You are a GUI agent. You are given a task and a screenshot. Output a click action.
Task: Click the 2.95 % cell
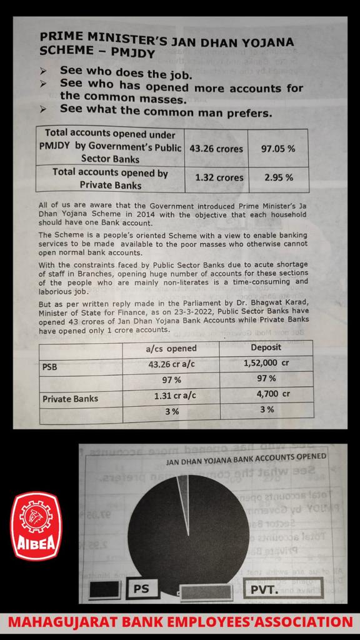tap(279, 177)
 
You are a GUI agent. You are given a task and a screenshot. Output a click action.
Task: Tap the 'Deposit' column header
tap(266, 347)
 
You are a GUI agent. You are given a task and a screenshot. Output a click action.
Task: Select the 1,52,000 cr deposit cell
tap(266, 363)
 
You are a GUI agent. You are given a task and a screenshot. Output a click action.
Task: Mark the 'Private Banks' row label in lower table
tap(71, 397)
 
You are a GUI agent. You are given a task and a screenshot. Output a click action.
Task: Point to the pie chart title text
tap(245, 457)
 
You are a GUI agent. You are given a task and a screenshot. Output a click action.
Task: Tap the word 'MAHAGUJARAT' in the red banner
tap(65, 622)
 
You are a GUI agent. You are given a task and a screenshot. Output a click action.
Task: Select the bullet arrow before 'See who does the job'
tap(43, 72)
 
